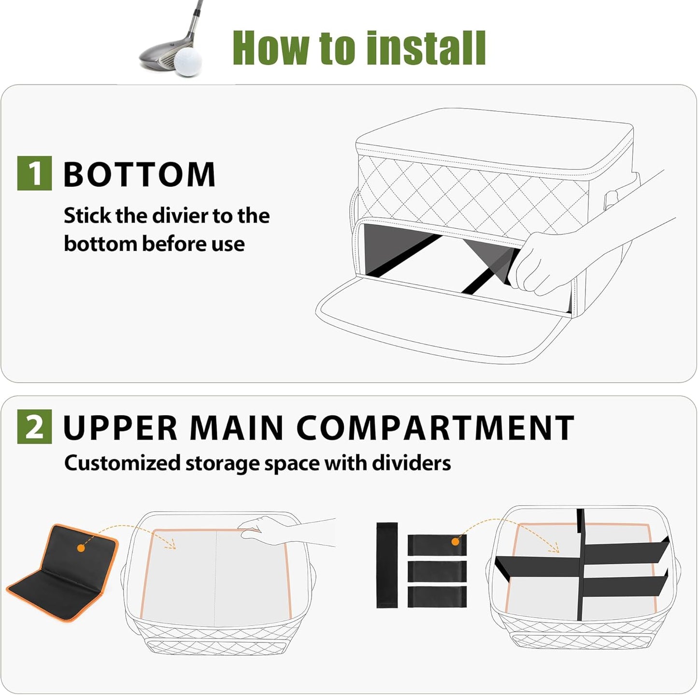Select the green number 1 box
(x=34, y=173)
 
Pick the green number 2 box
(x=34, y=427)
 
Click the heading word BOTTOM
(x=139, y=174)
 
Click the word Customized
(x=122, y=463)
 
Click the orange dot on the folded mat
(x=81, y=548)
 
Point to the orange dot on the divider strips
(x=455, y=542)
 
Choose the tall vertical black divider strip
(x=386, y=565)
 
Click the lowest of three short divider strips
(x=437, y=597)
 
